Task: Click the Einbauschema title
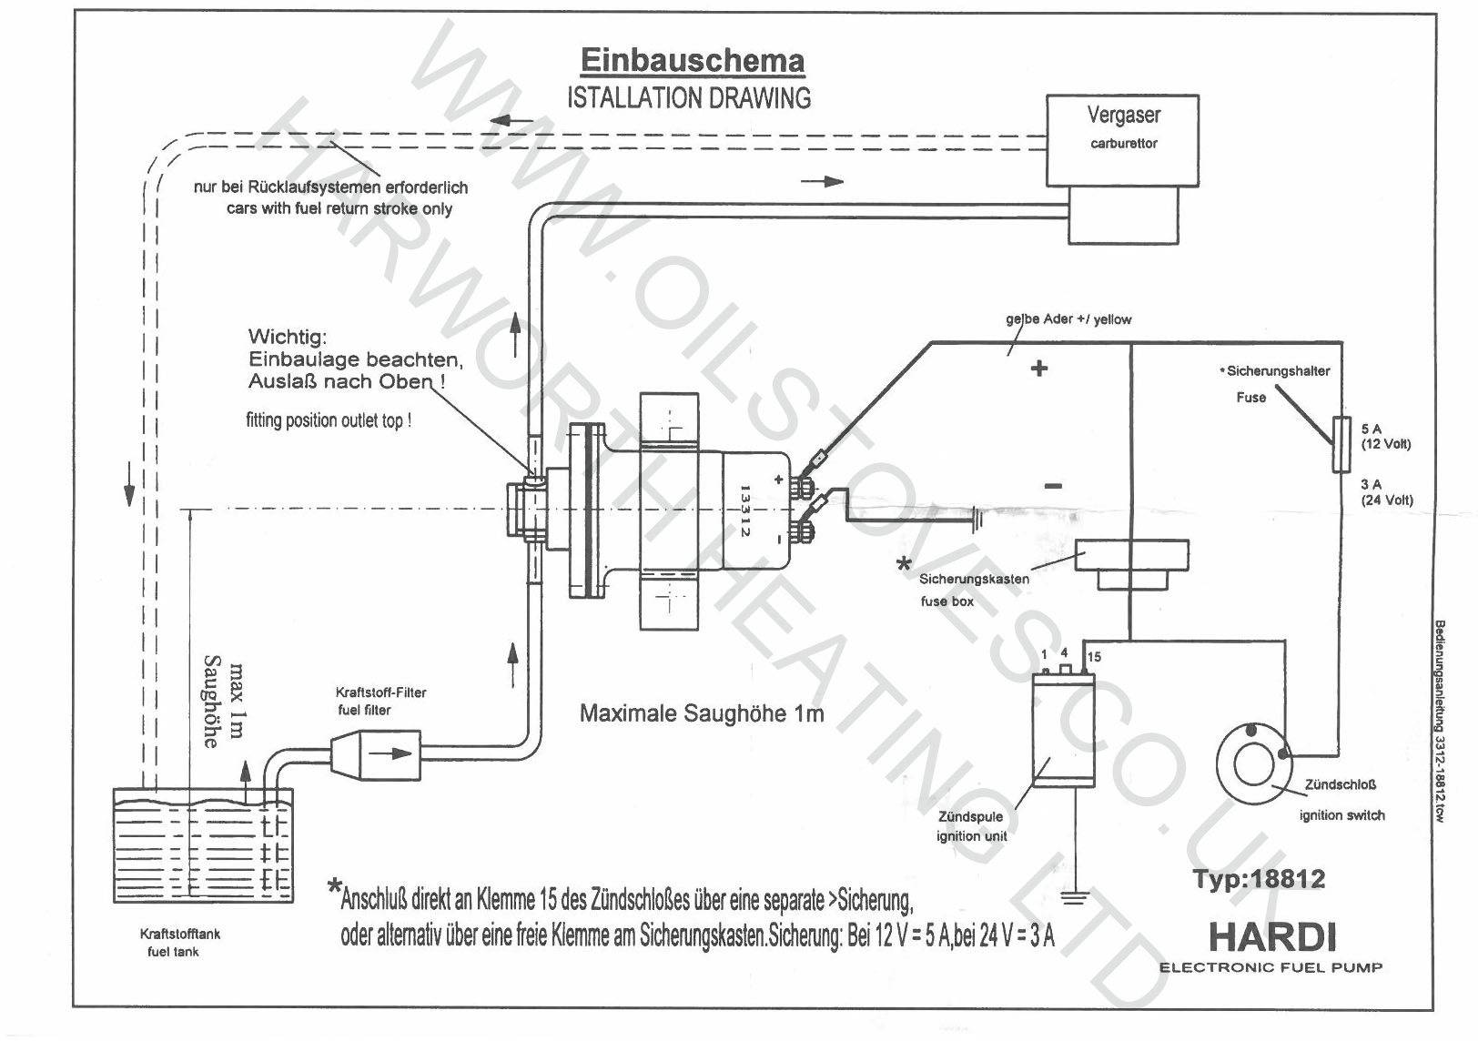pos(692,61)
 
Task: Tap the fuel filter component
pos(376,753)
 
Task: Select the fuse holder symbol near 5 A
pos(1341,444)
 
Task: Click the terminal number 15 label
pos(1094,656)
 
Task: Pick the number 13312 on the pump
pos(744,509)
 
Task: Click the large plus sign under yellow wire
pos(1038,368)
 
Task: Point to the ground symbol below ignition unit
pos(1076,897)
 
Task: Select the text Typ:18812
pos(1259,879)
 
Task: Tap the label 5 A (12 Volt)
pos(1385,436)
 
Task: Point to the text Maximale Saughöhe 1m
pos(702,713)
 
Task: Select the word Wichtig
pos(287,338)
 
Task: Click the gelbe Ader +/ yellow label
pos(1068,319)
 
